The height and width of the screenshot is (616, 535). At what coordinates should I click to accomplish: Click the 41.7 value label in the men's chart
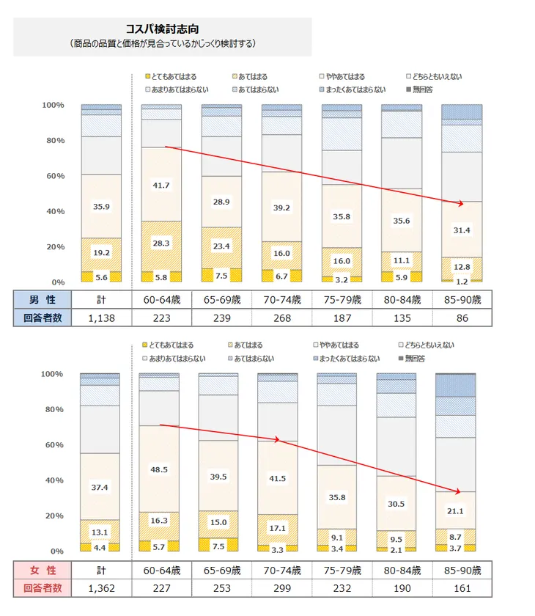161,185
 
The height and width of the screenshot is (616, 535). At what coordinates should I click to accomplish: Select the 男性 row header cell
42,300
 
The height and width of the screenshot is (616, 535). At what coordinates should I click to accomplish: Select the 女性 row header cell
42,570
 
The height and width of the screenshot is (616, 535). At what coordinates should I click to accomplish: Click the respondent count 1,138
101,318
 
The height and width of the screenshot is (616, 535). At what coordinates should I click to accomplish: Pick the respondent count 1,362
101,587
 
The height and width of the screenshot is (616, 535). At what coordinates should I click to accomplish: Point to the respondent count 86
462,318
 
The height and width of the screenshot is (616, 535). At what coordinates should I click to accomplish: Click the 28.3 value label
161,243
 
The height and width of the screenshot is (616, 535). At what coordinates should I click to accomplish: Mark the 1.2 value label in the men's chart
461,282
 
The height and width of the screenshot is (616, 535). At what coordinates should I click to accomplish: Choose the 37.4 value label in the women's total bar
101,487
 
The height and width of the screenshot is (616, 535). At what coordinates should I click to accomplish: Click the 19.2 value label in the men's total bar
101,253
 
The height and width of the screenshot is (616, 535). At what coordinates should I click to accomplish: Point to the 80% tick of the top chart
53,140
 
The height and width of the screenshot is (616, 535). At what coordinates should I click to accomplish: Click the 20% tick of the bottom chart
53,516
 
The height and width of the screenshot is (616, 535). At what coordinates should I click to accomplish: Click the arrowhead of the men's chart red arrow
461,203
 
